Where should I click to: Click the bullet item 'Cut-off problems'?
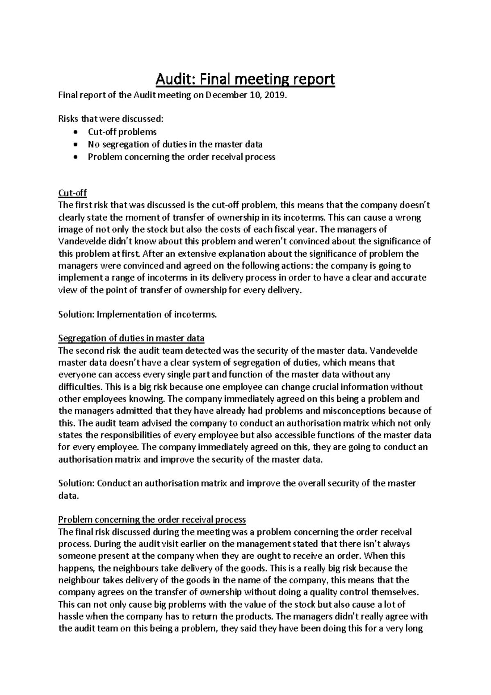(122, 132)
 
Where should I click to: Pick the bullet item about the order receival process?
(181, 157)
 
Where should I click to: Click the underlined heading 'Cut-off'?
(72, 193)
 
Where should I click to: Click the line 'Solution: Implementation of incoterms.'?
(137, 314)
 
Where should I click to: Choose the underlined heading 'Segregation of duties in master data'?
(131, 338)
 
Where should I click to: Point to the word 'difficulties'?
(80, 387)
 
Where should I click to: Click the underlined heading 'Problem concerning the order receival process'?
(152, 519)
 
